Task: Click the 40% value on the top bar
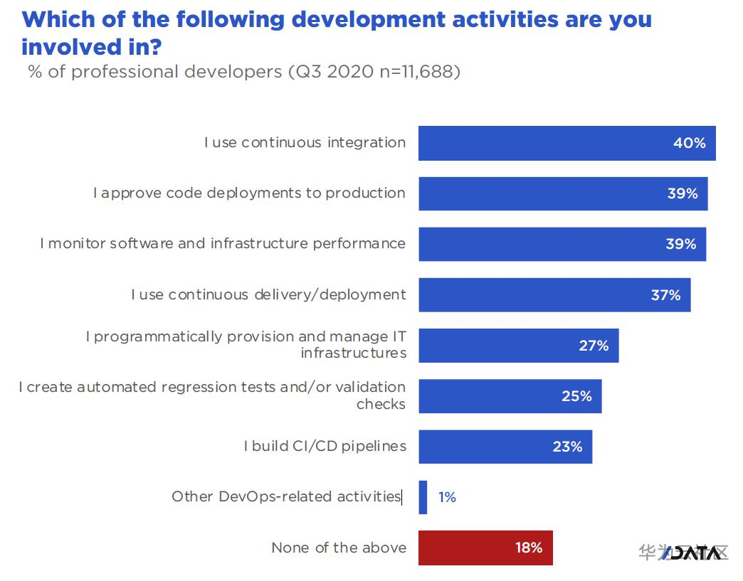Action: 689,143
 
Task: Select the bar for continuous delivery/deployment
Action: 554,294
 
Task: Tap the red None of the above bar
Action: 485,548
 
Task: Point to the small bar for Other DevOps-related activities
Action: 423,497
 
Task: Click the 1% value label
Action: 447,497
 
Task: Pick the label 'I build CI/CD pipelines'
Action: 325,447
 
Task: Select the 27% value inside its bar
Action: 593,346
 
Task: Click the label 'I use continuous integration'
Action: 305,143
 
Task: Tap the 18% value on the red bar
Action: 529,548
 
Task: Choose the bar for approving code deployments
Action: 562,193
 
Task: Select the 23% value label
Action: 567,447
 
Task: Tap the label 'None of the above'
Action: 339,548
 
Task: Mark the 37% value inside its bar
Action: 665,294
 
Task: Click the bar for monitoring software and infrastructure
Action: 562,244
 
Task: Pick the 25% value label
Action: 576,396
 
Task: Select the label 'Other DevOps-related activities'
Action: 286,496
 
